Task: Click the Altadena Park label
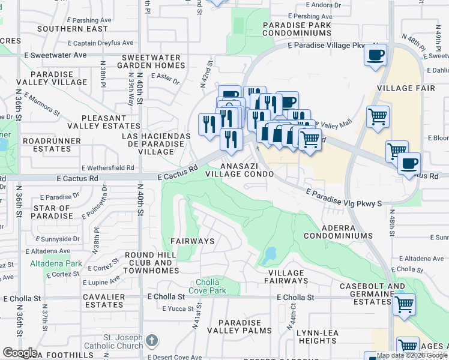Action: [55, 263]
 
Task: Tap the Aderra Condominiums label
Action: [338, 232]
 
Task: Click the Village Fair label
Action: [402, 88]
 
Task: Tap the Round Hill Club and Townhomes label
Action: [152, 263]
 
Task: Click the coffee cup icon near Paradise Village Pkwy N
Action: [376, 56]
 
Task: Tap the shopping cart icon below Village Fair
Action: [378, 115]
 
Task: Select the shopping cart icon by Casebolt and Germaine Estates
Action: [404, 304]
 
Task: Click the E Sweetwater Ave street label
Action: [56, 54]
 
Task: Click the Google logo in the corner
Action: [20, 352]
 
